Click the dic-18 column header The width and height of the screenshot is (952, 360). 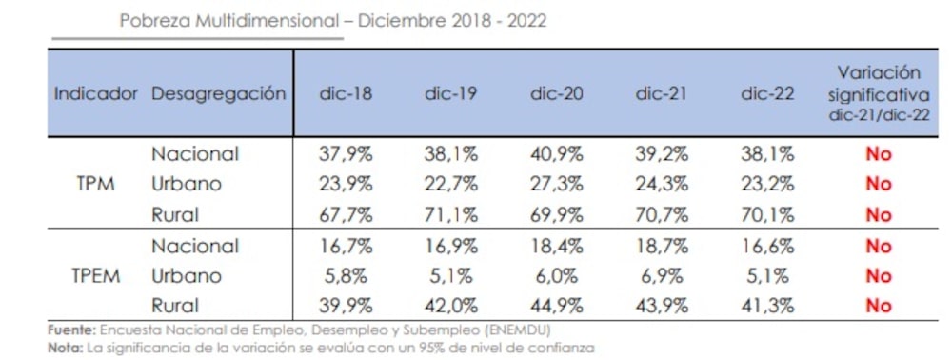[346, 94]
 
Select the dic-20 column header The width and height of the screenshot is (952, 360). [556, 94]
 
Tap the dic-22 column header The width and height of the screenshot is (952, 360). [766, 94]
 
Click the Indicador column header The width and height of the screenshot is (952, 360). [96, 94]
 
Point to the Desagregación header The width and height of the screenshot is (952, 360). [218, 94]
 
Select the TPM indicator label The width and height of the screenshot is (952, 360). [95, 184]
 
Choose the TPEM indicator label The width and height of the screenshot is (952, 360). [95, 276]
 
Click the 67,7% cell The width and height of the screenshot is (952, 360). [346, 214]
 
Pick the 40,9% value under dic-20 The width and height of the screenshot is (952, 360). [556, 153]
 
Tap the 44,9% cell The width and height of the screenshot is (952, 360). [556, 306]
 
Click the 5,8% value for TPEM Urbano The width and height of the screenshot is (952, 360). [346, 276]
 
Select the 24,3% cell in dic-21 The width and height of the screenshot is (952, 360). [662, 184]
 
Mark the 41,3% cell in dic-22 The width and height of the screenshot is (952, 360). [766, 306]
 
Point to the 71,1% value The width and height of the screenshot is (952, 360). [451, 214]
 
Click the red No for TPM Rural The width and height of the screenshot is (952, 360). [878, 214]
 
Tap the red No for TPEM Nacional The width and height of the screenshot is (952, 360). [878, 246]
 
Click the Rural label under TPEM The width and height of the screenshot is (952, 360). [175, 306]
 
